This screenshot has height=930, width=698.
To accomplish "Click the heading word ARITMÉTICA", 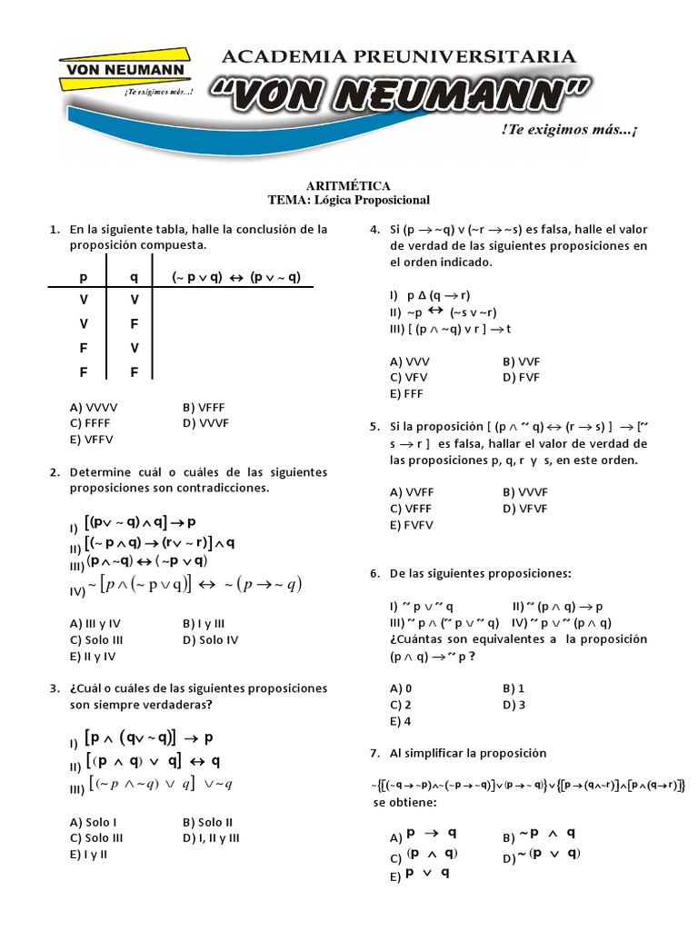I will (348, 185).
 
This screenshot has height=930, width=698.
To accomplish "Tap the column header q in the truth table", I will (134, 278).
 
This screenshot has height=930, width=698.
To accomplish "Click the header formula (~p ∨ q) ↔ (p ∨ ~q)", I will (235, 278).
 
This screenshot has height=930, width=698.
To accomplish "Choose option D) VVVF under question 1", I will (205, 422).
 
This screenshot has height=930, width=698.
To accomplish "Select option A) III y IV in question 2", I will (95, 624).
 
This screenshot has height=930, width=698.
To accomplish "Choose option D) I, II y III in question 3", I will (211, 837).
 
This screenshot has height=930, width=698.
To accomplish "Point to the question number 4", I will (374, 230).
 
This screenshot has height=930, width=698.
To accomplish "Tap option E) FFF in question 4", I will (406, 393).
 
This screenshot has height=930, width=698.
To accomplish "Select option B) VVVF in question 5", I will (525, 491).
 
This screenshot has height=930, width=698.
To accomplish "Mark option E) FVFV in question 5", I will (412, 524).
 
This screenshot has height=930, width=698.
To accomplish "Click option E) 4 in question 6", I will (401, 720).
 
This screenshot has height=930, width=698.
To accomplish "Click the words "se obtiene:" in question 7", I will (405, 804).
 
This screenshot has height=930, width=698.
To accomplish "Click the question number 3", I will (55, 688).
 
